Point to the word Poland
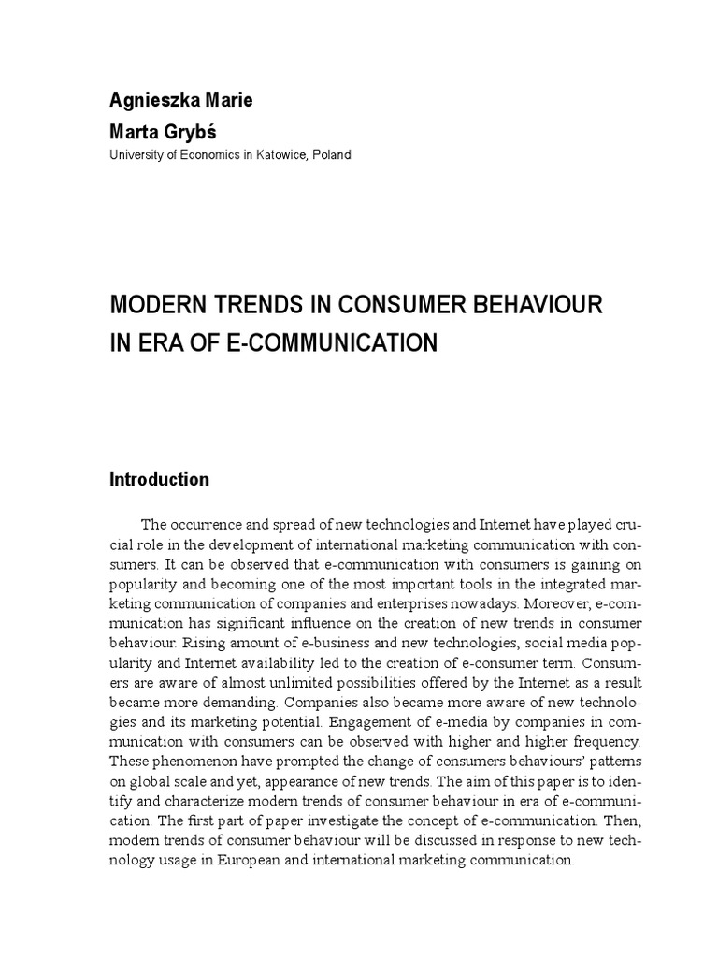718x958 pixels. click(331, 154)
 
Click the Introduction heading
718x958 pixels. click(160, 479)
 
